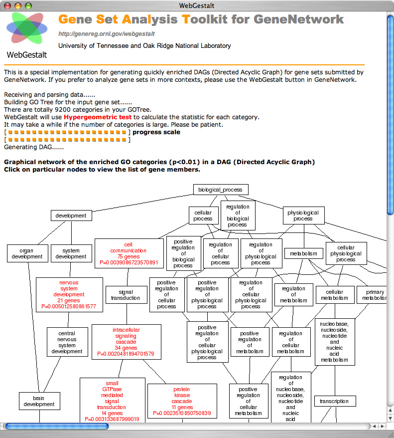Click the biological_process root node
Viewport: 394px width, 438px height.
220,190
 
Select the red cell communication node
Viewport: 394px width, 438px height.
129,253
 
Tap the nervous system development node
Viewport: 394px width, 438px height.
69,294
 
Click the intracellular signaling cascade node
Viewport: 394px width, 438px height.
126,342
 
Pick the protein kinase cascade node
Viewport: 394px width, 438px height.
182,401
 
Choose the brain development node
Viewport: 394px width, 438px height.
39,401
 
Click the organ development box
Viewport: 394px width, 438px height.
27,253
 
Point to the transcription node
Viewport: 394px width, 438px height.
334,401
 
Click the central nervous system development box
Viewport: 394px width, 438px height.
67,342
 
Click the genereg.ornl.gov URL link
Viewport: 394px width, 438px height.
107,34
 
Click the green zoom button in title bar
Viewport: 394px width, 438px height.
28,5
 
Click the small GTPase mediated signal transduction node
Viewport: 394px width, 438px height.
112,401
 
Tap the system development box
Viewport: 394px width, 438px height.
71,253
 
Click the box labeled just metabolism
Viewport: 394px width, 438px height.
303,253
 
